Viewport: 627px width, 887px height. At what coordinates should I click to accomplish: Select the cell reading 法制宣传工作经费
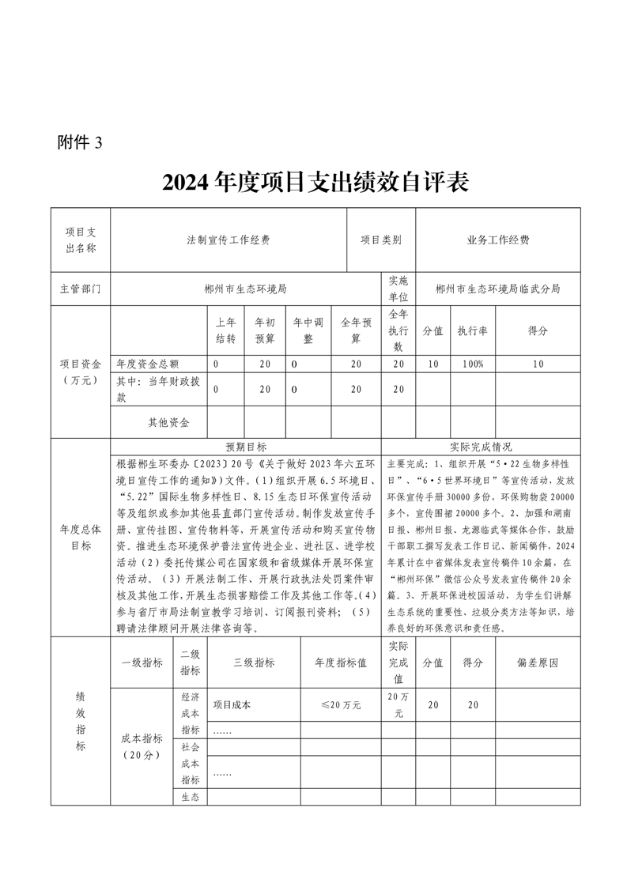click(229, 240)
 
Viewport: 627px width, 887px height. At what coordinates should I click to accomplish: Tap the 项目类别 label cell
click(381, 240)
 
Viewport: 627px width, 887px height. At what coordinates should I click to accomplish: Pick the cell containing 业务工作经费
click(498, 240)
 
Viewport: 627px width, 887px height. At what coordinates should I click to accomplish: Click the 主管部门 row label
click(81, 289)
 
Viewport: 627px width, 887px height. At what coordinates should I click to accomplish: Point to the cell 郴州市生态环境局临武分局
click(498, 289)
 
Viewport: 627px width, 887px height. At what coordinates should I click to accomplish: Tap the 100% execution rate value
click(472, 364)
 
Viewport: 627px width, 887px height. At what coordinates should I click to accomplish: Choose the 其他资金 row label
click(168, 422)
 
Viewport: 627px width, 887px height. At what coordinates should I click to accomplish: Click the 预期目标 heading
click(246, 447)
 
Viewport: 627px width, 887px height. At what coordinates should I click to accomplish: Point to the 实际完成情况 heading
click(481, 447)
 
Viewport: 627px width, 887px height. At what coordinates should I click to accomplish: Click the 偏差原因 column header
click(538, 662)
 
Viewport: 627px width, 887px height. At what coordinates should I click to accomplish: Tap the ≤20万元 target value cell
click(341, 704)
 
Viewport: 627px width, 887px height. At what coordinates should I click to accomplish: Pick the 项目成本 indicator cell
click(232, 704)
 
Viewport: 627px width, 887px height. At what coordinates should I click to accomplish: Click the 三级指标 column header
click(254, 662)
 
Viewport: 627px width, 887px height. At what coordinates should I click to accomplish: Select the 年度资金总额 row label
click(148, 364)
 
